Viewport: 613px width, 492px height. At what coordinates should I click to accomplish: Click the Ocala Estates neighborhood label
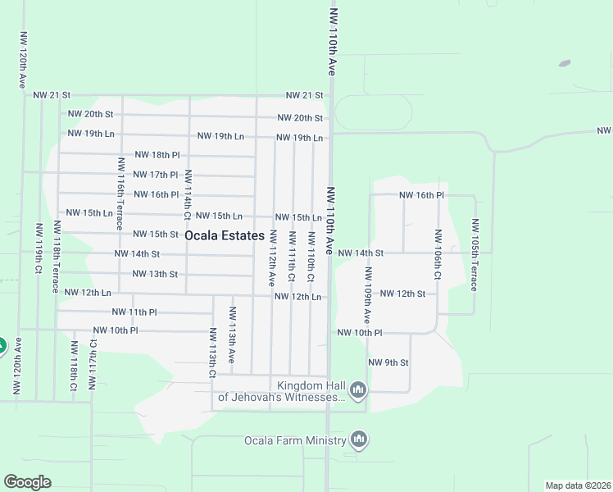pyautogui.click(x=225, y=235)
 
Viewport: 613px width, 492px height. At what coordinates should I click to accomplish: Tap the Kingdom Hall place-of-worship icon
pyautogui.click(x=357, y=389)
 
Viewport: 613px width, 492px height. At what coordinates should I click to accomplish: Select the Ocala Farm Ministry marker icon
pyautogui.click(x=358, y=440)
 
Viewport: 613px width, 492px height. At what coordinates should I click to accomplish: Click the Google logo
pyautogui.click(x=28, y=482)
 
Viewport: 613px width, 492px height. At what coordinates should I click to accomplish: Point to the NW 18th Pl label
pyautogui.click(x=157, y=154)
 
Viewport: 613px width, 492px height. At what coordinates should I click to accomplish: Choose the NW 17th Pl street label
pyautogui.click(x=156, y=175)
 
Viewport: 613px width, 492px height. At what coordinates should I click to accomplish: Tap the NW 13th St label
pyautogui.click(x=155, y=274)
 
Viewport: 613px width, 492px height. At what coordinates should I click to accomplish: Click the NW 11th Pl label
pyautogui.click(x=134, y=312)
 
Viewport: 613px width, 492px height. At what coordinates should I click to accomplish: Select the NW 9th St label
pyautogui.click(x=388, y=362)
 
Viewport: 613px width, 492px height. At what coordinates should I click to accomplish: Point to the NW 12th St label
pyautogui.click(x=403, y=294)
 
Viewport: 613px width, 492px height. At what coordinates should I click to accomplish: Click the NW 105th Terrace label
pyautogui.click(x=475, y=255)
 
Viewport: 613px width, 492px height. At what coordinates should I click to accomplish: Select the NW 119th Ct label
pyautogui.click(x=39, y=246)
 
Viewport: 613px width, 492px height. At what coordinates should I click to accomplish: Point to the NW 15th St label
pyautogui.click(x=156, y=234)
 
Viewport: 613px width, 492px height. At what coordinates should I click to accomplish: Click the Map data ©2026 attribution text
pyautogui.click(x=578, y=485)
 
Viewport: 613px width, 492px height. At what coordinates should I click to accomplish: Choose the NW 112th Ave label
pyautogui.click(x=272, y=258)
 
